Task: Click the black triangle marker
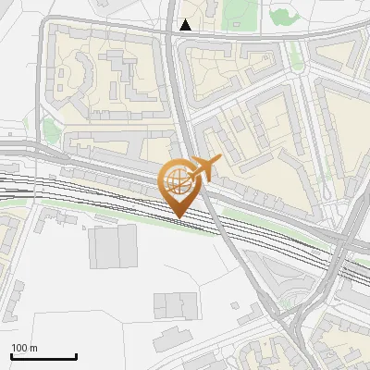pos(187,25)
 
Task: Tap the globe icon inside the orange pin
pos(178,179)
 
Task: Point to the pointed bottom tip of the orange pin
pos(179,217)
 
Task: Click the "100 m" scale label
pos(24,348)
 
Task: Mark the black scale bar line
pos(43,356)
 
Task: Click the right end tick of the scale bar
pos(76,355)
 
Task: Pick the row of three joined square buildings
pos(176,304)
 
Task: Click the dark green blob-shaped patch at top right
pos(283,16)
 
